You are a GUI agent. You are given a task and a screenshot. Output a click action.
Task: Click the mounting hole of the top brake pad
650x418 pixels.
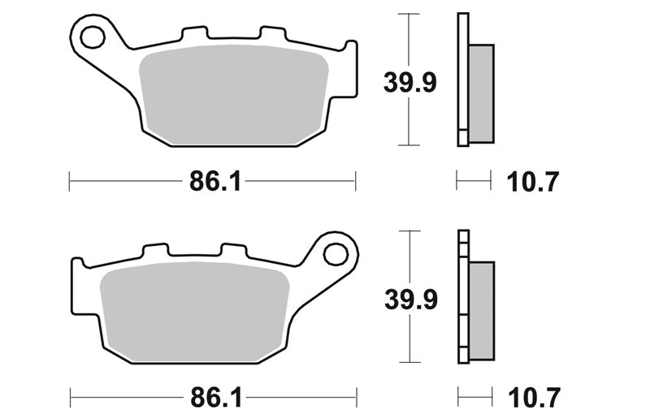tap(93, 37)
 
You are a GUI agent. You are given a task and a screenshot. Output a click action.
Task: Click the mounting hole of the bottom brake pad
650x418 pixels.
tap(336, 254)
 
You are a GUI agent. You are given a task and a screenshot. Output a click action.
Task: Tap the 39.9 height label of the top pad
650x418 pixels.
tap(410, 83)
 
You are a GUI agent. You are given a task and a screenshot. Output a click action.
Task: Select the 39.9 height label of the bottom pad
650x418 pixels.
tap(411, 299)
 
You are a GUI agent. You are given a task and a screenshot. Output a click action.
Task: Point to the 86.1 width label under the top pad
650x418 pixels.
tap(215, 182)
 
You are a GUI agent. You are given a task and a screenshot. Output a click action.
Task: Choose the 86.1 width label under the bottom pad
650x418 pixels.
tap(216, 399)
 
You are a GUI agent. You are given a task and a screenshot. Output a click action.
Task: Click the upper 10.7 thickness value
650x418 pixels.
tap(533, 182)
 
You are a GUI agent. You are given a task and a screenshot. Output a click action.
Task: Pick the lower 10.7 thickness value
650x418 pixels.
tap(535, 399)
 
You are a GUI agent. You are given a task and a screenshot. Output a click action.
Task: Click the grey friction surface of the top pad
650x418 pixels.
tap(233, 95)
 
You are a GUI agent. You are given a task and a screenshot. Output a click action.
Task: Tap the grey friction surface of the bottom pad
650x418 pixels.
tap(195, 312)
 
